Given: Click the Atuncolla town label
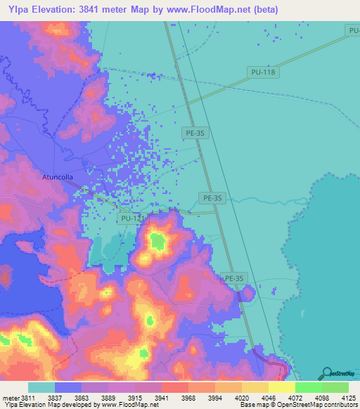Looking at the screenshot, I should pos(58,178).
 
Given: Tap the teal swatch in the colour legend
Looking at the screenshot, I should pos(41,387).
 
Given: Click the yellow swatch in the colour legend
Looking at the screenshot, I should pos(281,387).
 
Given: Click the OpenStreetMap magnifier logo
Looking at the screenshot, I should pos(328,374).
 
